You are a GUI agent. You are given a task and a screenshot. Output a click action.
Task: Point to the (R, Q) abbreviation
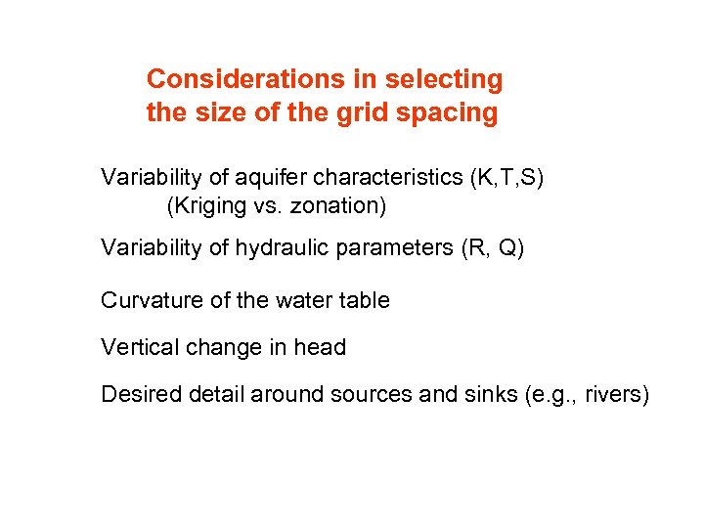click(x=493, y=248)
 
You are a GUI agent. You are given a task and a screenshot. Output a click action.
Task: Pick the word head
click(x=320, y=347)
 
